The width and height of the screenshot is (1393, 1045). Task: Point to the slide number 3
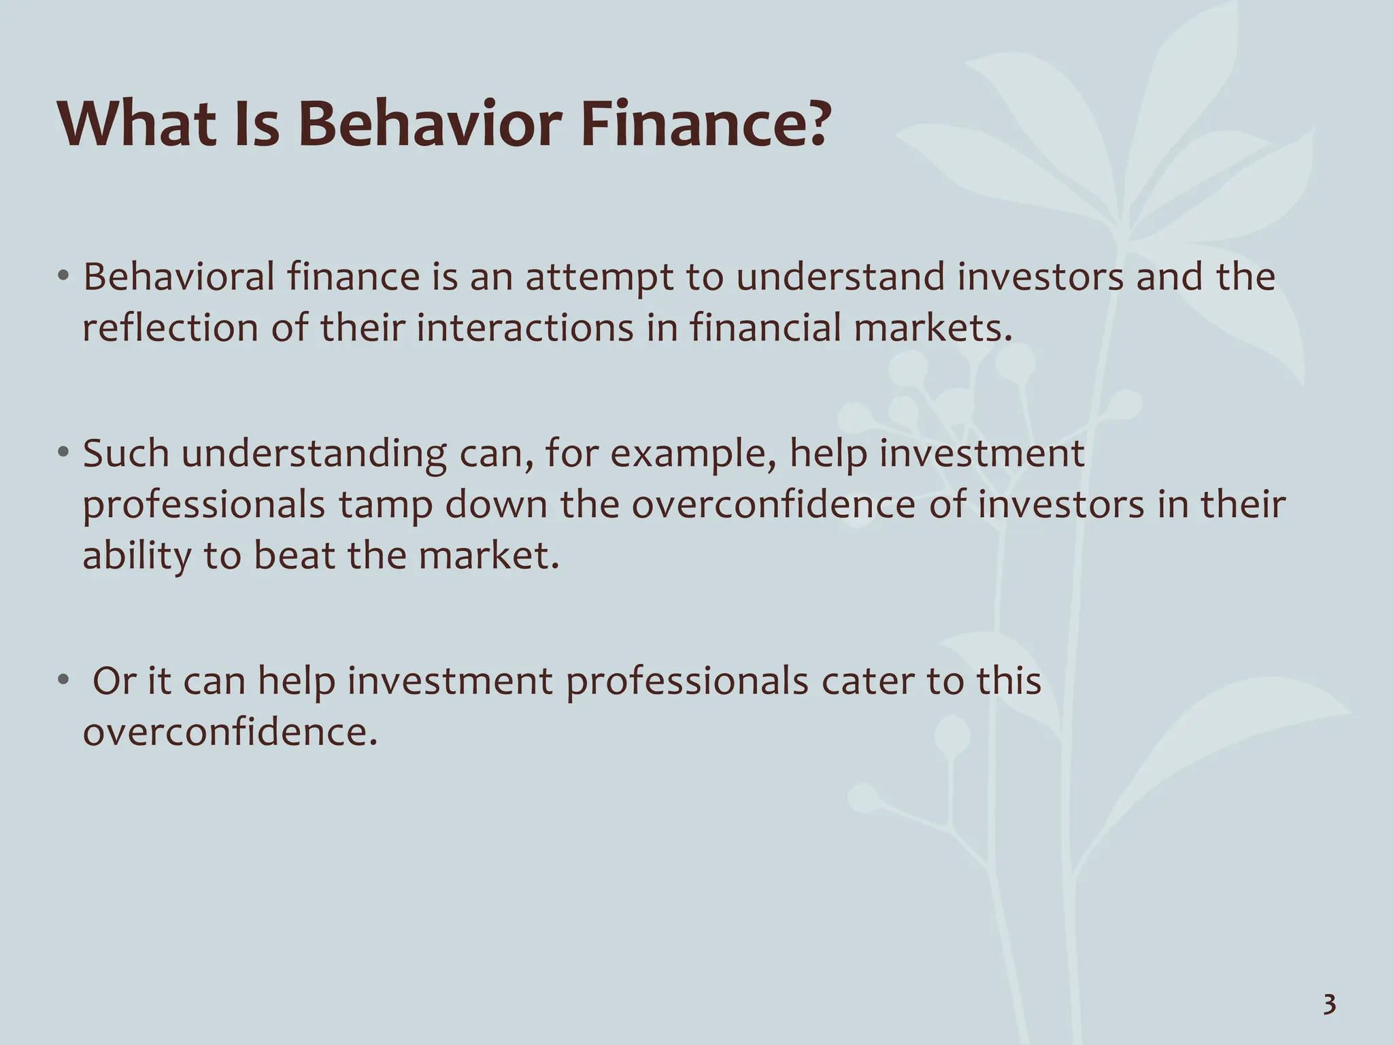pyautogui.click(x=1329, y=1005)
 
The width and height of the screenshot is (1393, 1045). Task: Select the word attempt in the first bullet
pyautogui.click(x=599, y=278)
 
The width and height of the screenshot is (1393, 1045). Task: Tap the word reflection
pyautogui.click(x=170, y=328)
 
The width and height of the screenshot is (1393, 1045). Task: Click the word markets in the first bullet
pyautogui.click(x=928, y=328)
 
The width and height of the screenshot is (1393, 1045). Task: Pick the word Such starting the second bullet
pyautogui.click(x=126, y=453)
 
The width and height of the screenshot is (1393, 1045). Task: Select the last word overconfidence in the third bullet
pyautogui.click(x=229, y=732)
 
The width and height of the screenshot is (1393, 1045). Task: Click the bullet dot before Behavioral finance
pyautogui.click(x=63, y=276)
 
